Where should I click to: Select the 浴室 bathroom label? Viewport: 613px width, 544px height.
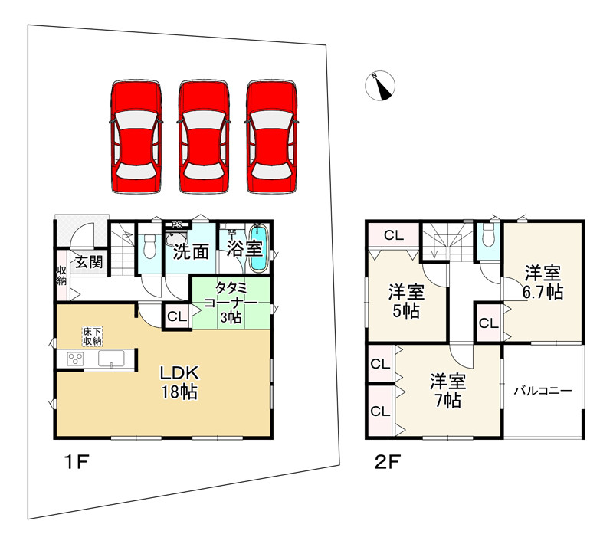[x=233, y=249]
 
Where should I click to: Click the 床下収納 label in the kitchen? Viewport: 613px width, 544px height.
[x=93, y=336]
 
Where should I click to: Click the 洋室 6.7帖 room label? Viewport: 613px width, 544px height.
[x=543, y=281]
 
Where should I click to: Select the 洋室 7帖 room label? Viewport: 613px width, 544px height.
[x=444, y=390]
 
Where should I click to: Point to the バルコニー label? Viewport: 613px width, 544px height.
[x=543, y=391]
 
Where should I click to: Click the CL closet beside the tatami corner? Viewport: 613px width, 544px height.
[x=175, y=316]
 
